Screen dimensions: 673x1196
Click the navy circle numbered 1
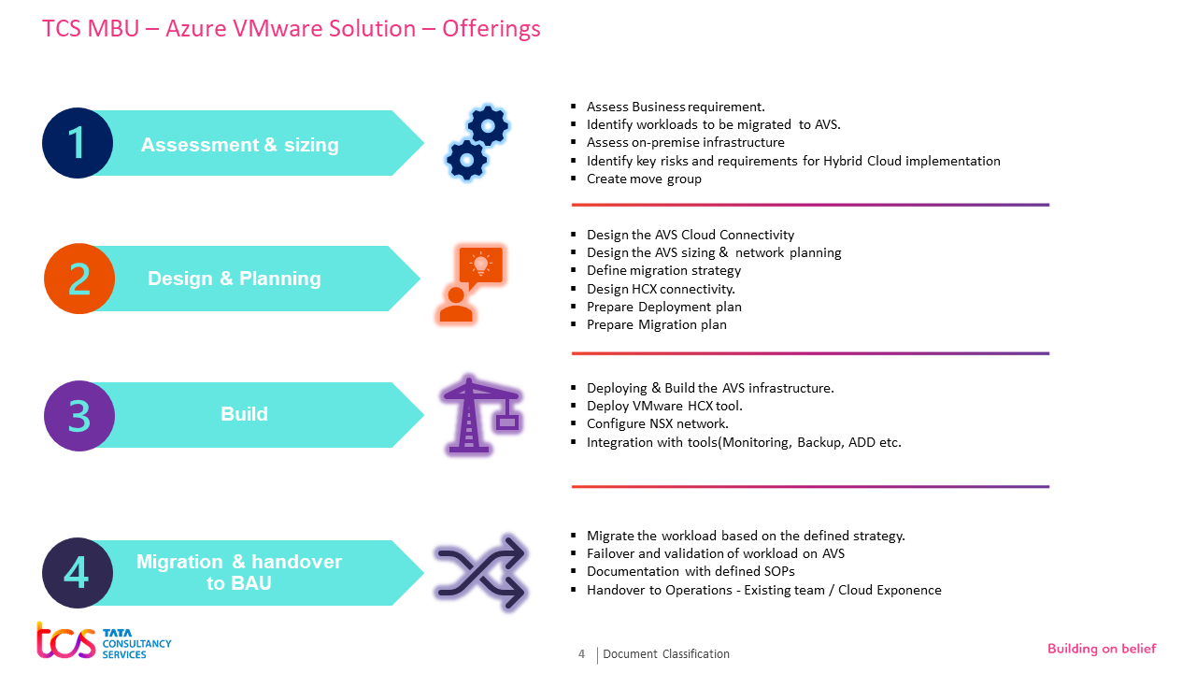(x=78, y=143)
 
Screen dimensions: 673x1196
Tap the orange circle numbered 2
(x=79, y=279)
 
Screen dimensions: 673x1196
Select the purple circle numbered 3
(x=79, y=415)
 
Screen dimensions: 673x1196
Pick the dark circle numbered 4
(x=77, y=573)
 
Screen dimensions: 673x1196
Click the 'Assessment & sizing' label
(x=240, y=145)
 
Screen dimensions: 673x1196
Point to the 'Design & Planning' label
(x=235, y=279)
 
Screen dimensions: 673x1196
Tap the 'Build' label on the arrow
(x=244, y=414)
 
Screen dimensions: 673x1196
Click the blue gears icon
(x=477, y=143)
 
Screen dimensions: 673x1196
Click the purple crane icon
(x=480, y=415)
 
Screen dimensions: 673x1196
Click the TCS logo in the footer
(x=104, y=641)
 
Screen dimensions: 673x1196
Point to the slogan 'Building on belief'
(x=1102, y=649)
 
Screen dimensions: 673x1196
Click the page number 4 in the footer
(x=581, y=654)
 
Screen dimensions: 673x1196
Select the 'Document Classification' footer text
(x=666, y=654)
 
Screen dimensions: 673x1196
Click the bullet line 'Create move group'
(x=644, y=179)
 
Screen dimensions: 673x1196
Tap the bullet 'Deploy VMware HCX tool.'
(x=664, y=406)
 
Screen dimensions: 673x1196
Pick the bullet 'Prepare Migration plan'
(x=656, y=325)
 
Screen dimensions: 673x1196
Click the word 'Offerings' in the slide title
(x=491, y=29)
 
